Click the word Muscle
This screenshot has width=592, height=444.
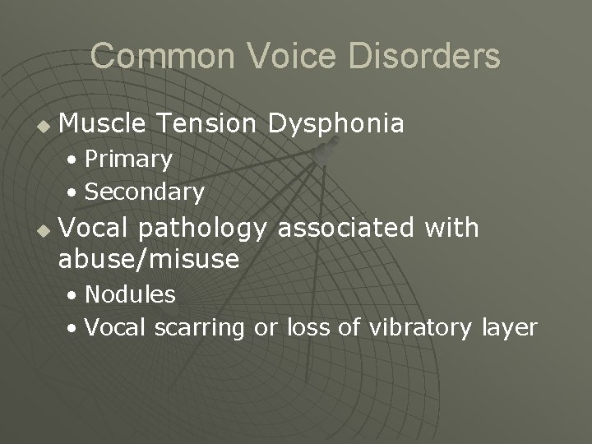click(x=103, y=123)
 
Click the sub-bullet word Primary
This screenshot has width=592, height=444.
click(x=128, y=159)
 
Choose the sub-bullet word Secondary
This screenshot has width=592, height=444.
click(x=144, y=192)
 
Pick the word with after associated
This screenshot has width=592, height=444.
click(x=451, y=226)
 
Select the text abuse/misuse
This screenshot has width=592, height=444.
click(x=149, y=261)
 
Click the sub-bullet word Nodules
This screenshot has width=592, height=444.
click(x=130, y=294)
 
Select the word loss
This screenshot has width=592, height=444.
click(x=309, y=327)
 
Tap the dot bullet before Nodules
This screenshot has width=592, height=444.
click(x=74, y=295)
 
